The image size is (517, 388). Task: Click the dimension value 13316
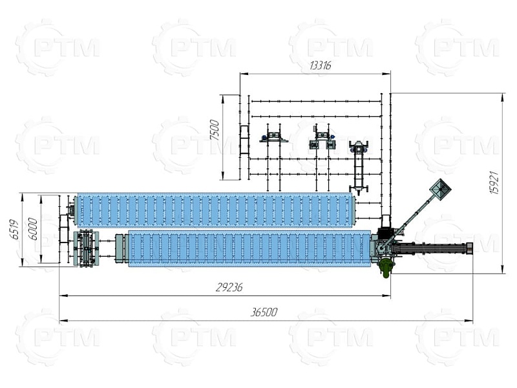coord(320,66)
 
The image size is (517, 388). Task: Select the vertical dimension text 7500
coord(215,130)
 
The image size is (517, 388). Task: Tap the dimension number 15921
coord(494,182)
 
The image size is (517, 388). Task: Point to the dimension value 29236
coord(229,287)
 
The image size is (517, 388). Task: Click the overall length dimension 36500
coord(264,312)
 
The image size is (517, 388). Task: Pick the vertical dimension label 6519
coord(14,230)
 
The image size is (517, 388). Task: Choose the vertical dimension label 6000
coord(33,229)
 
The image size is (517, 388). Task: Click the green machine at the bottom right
coord(386,267)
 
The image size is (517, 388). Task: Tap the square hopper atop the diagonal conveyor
coord(440,189)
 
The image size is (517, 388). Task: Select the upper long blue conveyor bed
coord(216,211)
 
